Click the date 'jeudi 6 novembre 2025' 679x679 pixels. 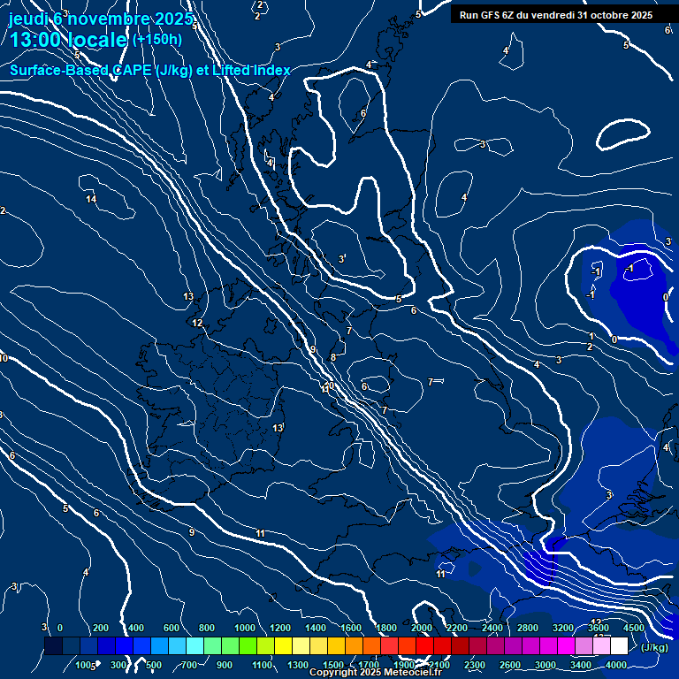pos(101,19)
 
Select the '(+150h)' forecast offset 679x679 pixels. pos(156,39)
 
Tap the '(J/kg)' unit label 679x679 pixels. pos(654,647)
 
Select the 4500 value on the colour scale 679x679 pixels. pos(633,627)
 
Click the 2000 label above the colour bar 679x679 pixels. pos(422,627)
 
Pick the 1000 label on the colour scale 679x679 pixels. pos(245,627)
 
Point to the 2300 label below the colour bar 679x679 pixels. pos(475,665)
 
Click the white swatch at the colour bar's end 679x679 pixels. pos(619,646)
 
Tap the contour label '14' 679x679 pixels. pos(91,199)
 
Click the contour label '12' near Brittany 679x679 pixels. pos(198,323)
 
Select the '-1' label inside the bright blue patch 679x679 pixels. pos(629,268)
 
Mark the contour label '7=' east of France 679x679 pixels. pos(435,382)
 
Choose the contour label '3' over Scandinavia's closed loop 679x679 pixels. pos(342,258)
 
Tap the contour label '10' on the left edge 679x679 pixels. pos(4,358)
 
